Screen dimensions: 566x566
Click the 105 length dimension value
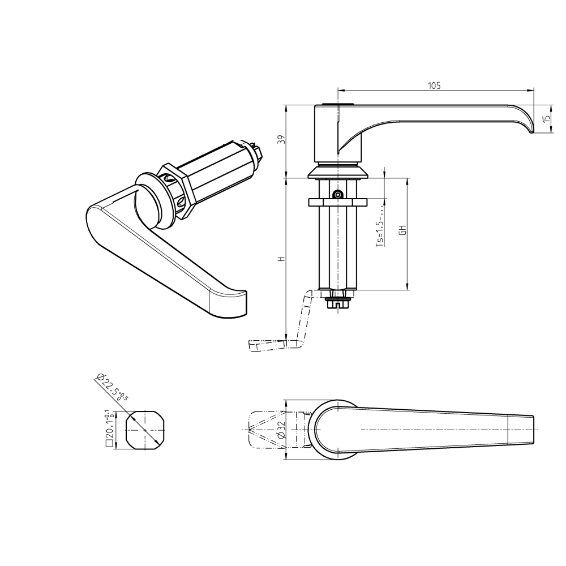click(434, 85)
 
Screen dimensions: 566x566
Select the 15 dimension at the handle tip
click(546, 119)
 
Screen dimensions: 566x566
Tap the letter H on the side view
click(280, 259)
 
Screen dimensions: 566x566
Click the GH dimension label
click(402, 231)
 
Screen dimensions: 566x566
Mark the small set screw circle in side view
click(337, 194)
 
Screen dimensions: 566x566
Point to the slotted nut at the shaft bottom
click(338, 303)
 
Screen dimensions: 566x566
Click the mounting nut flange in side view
click(338, 202)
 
